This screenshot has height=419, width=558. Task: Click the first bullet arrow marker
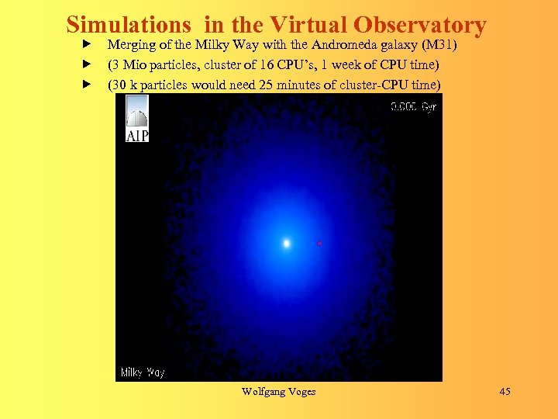coord(88,44)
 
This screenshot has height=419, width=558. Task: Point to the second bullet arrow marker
coord(88,64)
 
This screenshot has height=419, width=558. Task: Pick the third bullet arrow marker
coord(88,83)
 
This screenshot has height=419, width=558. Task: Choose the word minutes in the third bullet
coord(299,84)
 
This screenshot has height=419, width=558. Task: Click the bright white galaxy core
coord(286,244)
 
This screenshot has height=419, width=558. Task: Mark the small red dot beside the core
coord(319,244)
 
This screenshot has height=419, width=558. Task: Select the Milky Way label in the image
coord(143,372)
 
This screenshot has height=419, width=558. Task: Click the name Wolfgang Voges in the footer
coord(278,391)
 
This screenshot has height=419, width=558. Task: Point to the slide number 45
coord(505,391)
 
